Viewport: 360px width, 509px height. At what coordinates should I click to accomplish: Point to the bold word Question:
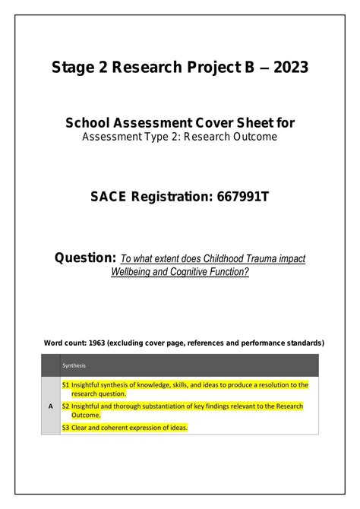[x=85, y=258]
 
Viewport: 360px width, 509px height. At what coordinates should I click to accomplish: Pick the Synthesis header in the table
[x=74, y=365]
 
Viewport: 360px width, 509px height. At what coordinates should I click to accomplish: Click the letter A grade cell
[x=51, y=406]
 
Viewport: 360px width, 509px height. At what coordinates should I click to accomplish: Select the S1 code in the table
[x=66, y=385]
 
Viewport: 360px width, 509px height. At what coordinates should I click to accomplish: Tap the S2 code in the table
[x=66, y=406]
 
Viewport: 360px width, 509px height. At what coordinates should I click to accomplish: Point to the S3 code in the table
[x=66, y=428]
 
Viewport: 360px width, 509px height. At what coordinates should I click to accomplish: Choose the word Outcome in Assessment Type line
[x=257, y=137]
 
